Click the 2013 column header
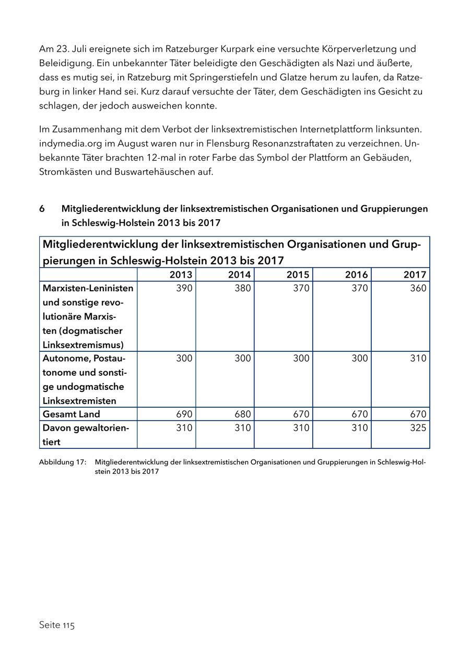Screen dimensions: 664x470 [x=181, y=275]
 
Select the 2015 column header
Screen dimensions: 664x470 [x=298, y=275]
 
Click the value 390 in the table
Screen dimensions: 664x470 [x=184, y=288]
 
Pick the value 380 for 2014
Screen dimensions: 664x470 [x=242, y=288]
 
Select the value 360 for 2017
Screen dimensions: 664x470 [x=418, y=288]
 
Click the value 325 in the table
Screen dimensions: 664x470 [x=418, y=428]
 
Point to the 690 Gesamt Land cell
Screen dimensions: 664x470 [x=184, y=414]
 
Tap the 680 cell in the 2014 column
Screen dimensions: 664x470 [x=242, y=414]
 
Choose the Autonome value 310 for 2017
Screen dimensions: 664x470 [x=418, y=358]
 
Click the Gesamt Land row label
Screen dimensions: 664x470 [x=71, y=414]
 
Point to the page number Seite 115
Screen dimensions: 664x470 [x=57, y=625]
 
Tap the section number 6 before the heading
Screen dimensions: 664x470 [x=42, y=209]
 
